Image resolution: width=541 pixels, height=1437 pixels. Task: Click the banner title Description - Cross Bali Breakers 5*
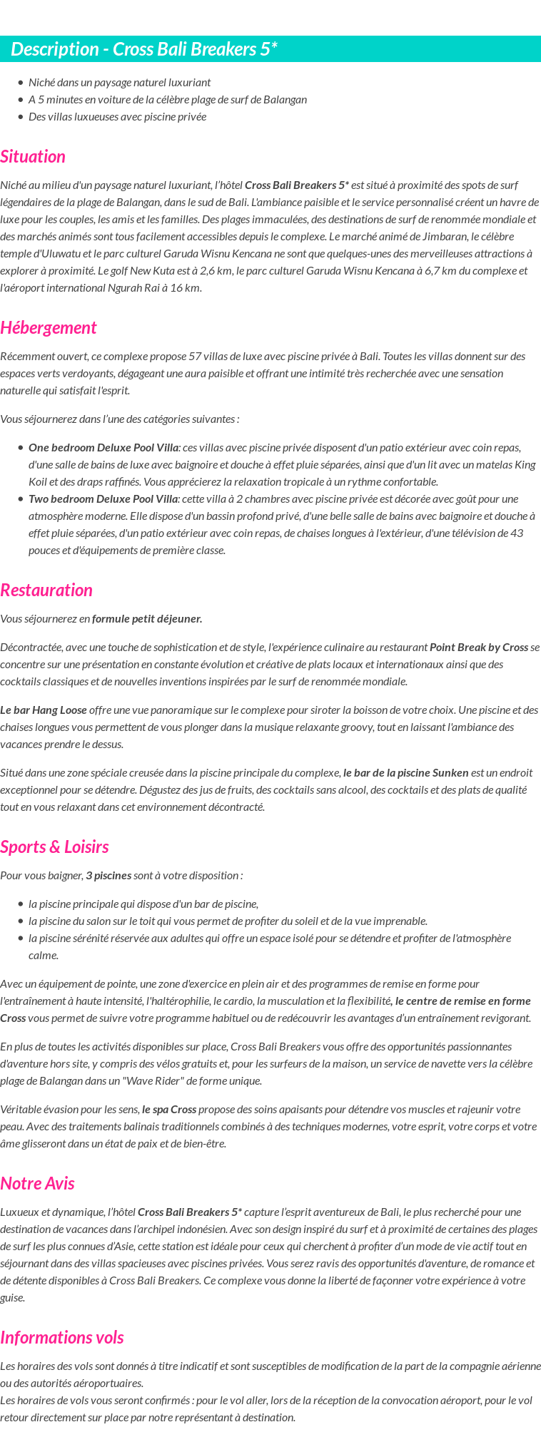pos(144,49)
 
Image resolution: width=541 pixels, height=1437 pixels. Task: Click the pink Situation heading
pos(33,156)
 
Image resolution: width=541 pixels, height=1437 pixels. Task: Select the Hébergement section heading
pos(48,327)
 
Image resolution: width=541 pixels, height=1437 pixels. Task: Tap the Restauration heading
pos(46,590)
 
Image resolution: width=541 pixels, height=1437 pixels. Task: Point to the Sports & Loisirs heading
pos(54,847)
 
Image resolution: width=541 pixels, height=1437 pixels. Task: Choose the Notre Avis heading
pos(37,1183)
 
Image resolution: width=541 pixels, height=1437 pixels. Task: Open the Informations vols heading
pos(61,1337)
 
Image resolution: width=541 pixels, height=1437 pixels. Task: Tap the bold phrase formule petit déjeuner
pos(147,618)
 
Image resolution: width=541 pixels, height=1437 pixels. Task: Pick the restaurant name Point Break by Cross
pos(478,647)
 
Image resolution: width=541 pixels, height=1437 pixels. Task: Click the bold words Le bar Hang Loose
pos(44,710)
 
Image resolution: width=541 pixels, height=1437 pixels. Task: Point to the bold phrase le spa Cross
pos(169,1109)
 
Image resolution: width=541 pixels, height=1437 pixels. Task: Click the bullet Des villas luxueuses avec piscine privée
pos(117,116)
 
